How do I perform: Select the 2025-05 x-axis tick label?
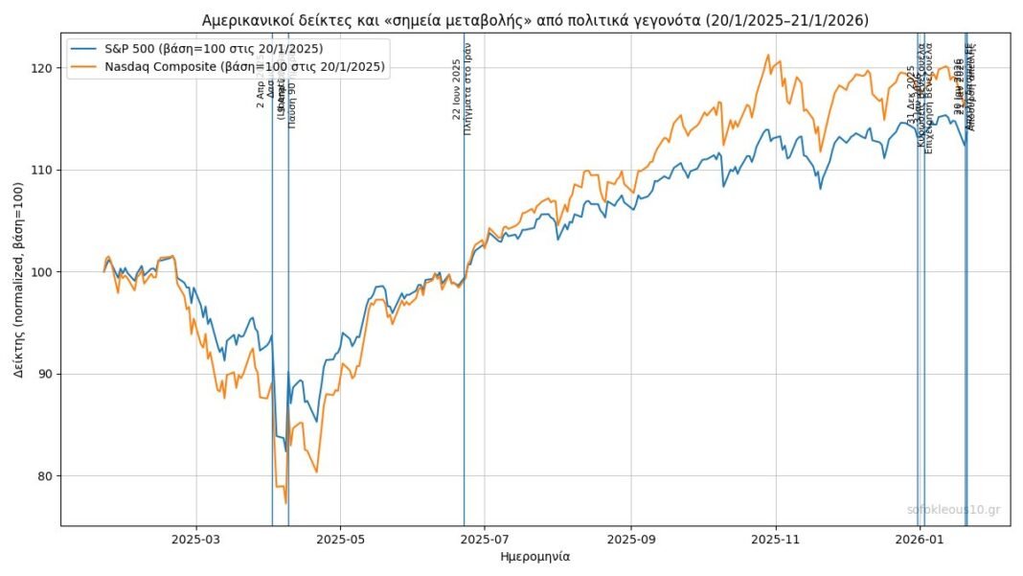pos(342,540)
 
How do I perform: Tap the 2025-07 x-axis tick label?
pos(486,540)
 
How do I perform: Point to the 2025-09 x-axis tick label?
pos(632,540)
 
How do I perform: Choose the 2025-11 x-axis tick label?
pos(777,540)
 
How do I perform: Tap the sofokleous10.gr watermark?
pos(952,510)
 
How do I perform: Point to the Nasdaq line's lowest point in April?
pos(285,502)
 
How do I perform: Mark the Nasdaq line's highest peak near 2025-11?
pos(767,56)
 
